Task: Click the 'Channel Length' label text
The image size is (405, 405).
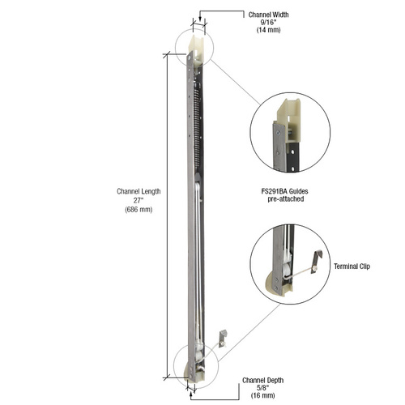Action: tap(138, 191)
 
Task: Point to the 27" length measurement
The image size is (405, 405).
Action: tap(138, 200)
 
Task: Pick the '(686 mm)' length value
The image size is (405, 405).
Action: tap(138, 209)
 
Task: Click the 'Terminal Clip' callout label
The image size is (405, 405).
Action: tap(353, 264)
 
